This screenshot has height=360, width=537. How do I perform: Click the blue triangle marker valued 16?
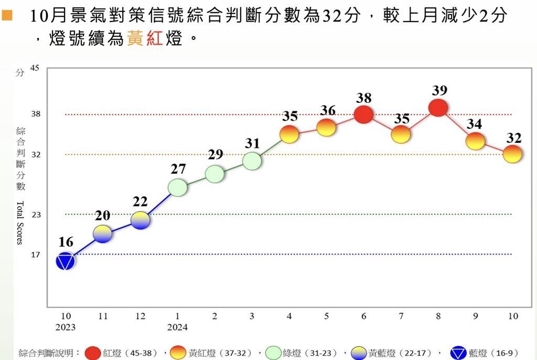coord(65,261)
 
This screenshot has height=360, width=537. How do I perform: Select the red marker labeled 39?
coord(438,108)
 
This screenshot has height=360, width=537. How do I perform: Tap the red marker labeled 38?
coord(363,114)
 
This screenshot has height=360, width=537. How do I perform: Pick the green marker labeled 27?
coord(177,187)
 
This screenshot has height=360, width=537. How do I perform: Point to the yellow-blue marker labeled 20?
coord(103,234)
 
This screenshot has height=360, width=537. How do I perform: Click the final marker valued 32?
coord(512,154)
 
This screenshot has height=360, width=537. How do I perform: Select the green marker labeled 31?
coord(252,161)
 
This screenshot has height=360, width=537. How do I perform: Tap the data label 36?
coord(327,111)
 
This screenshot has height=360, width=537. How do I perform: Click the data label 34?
coord(476,124)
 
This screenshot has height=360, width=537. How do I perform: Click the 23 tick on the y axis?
coord(36,215)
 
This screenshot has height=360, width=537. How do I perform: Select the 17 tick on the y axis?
coord(36,255)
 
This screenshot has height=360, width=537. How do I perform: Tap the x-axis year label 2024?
coord(177,327)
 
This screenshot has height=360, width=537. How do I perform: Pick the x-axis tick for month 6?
coord(363,316)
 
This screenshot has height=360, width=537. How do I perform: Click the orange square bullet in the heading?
coord(7,16)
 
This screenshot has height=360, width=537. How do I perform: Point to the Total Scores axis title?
coord(19,223)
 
